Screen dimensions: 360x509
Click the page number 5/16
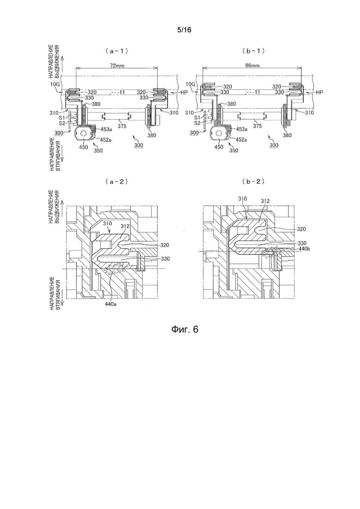[x=184, y=30]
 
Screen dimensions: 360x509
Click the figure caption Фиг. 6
[x=184, y=329]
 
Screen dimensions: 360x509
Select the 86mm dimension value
[x=252, y=66]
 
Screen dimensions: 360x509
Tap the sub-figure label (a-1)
[x=116, y=51]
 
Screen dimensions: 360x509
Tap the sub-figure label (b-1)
[x=253, y=51]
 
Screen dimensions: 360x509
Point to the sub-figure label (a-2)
[x=116, y=182]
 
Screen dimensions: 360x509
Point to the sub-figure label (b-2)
[x=253, y=182]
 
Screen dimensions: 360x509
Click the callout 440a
[x=111, y=305]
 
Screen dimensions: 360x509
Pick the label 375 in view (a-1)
[x=122, y=126]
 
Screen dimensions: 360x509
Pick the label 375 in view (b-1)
[x=258, y=126]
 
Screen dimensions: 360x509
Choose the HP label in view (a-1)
[x=185, y=92]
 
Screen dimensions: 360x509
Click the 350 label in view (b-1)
[x=234, y=150]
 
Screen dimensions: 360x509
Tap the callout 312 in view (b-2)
[x=265, y=201]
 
